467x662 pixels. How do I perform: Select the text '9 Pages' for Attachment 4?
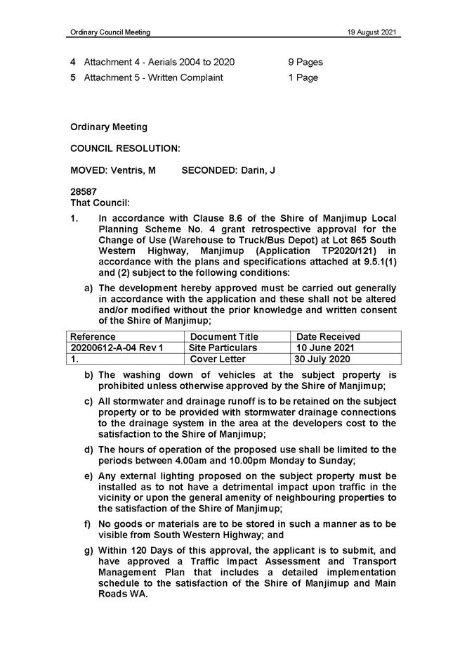pyautogui.click(x=305, y=62)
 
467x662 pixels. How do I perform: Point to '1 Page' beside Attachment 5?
pyautogui.click(x=303, y=77)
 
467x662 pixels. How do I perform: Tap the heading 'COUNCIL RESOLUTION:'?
pyautogui.click(x=126, y=148)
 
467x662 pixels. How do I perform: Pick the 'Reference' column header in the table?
pyautogui.click(x=93, y=337)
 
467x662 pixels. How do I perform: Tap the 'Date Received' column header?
pyautogui.click(x=328, y=337)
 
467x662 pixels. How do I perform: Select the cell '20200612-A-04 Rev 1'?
pyautogui.click(x=117, y=348)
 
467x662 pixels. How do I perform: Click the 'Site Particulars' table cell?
pyautogui.click(x=223, y=348)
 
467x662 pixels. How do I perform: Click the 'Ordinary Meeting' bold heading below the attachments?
pyautogui.click(x=109, y=127)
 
